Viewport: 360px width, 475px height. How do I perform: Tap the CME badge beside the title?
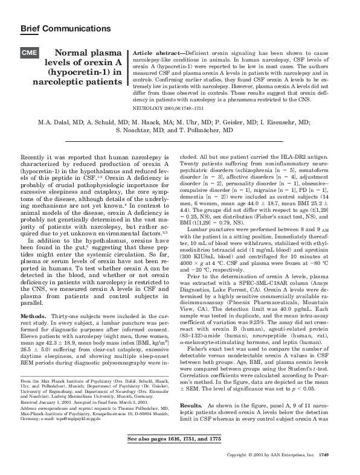click(31, 53)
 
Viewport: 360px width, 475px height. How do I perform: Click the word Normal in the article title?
click(76, 54)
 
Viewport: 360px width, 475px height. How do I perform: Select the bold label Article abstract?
click(160, 53)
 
